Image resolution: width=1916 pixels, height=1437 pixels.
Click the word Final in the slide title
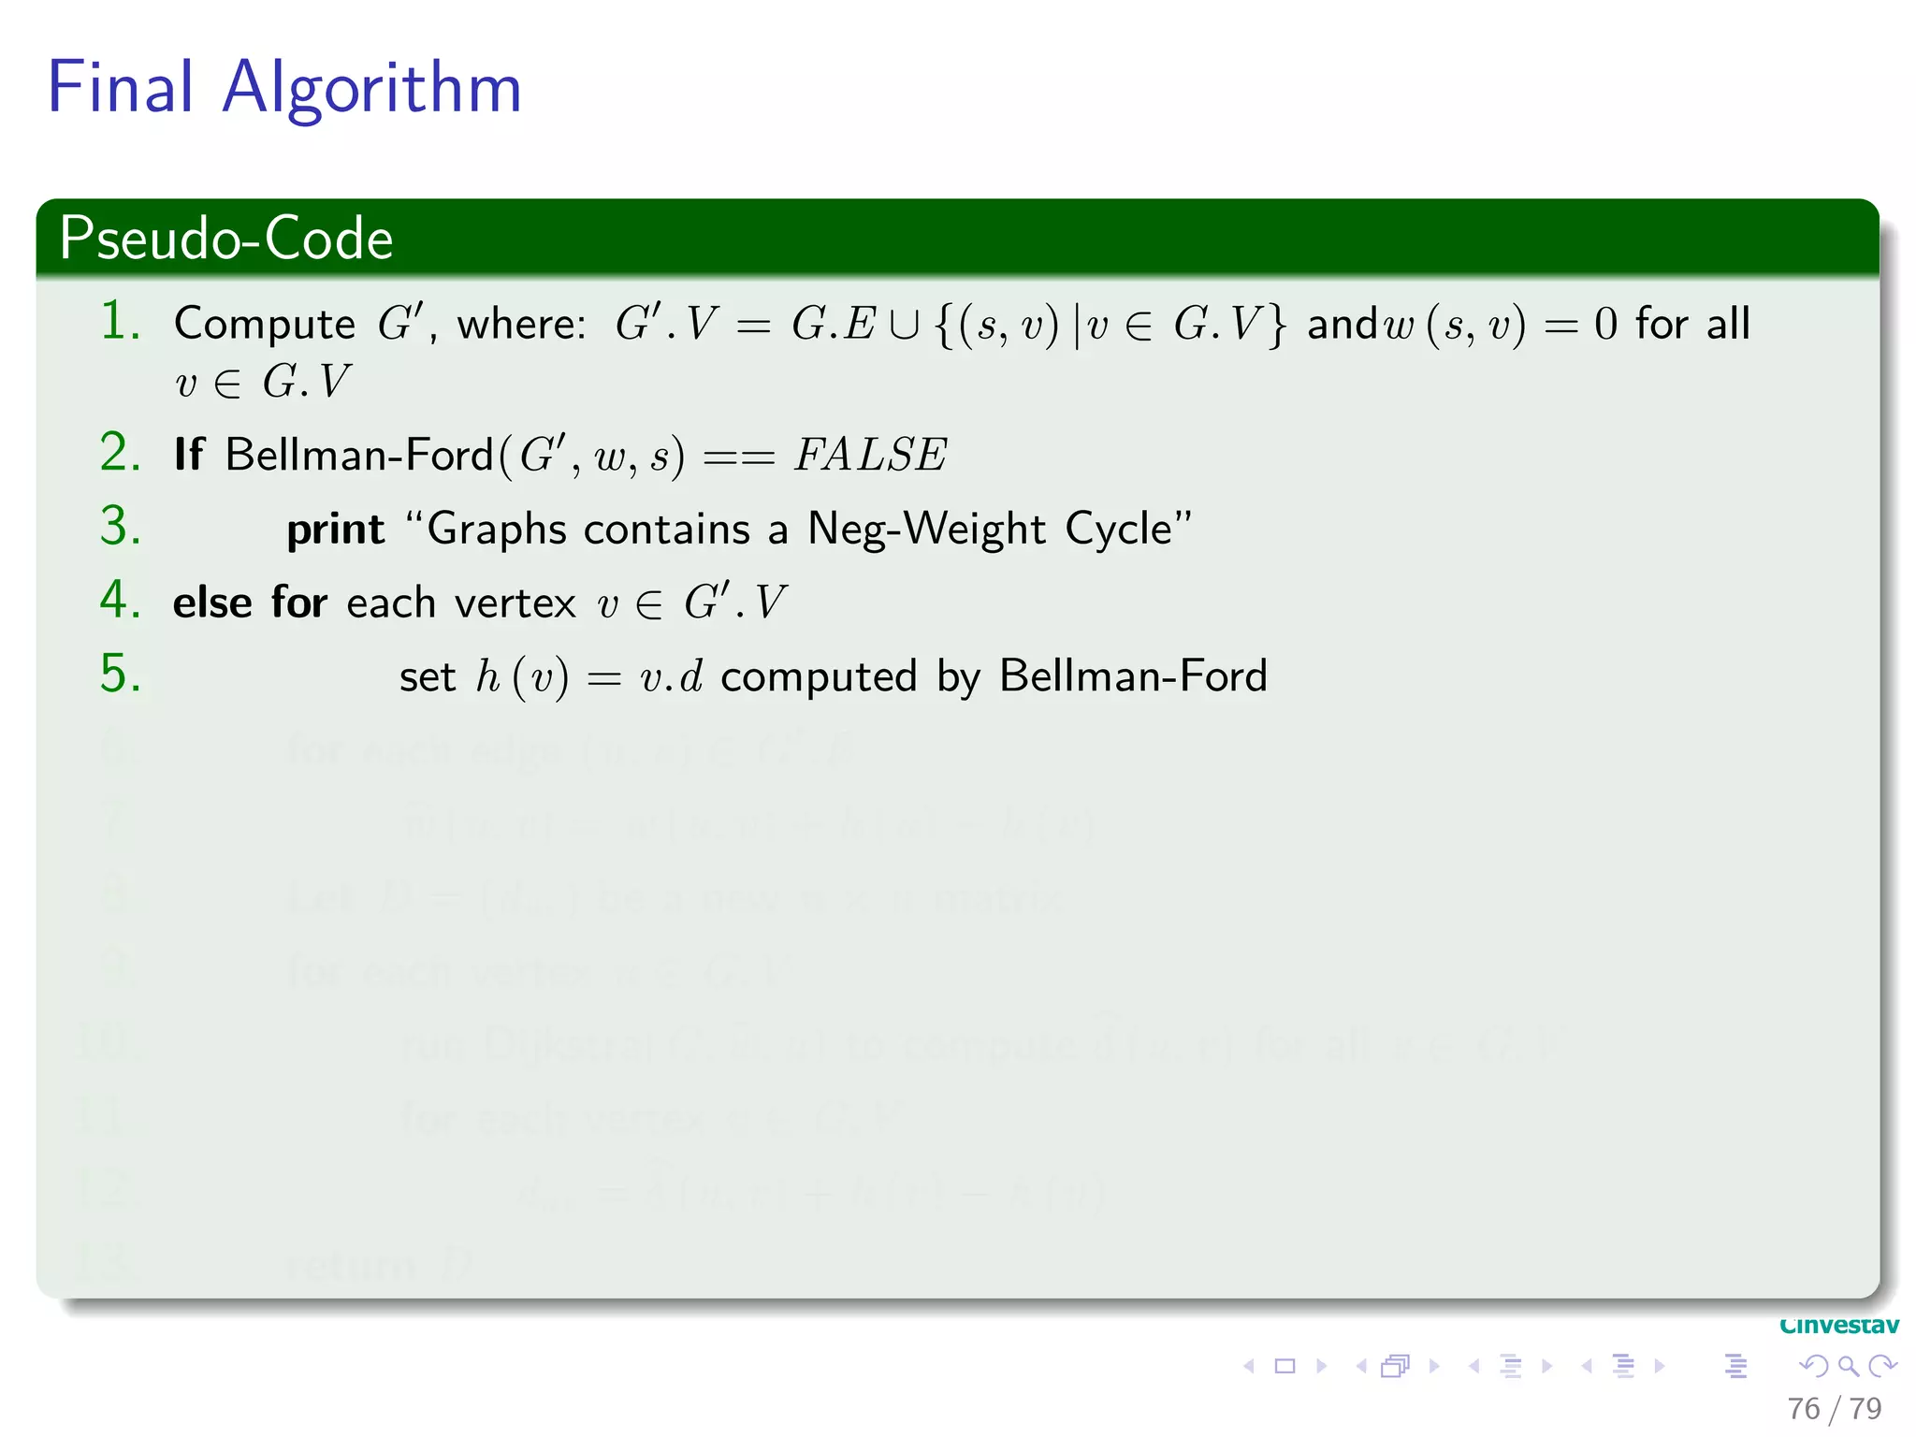[x=121, y=87]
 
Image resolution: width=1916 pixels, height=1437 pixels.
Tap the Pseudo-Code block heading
[x=225, y=239]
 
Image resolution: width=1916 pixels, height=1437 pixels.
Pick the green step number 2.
[x=120, y=453]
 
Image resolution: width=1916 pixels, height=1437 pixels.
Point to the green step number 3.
[x=120, y=526]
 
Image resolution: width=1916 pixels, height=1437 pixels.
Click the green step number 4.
[x=120, y=600]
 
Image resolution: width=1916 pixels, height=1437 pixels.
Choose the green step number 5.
[x=120, y=674]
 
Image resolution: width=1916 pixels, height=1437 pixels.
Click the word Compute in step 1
[x=265, y=326]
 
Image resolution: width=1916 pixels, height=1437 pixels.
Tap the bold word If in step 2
[x=188, y=455]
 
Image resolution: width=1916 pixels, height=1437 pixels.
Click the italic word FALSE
[x=870, y=456]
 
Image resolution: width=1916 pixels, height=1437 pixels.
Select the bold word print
[x=335, y=530]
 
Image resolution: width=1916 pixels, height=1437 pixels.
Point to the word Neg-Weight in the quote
[x=925, y=530]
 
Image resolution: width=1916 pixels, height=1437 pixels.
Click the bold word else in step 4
[x=212, y=602]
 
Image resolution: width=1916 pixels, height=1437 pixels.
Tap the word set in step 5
[x=427, y=677]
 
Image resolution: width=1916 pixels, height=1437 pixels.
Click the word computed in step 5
[x=819, y=677]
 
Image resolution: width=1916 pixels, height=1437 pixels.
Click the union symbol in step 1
[x=904, y=325]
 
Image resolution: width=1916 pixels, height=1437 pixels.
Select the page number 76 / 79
[x=1834, y=1408]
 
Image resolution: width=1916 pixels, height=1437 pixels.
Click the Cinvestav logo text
[x=1838, y=1326]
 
